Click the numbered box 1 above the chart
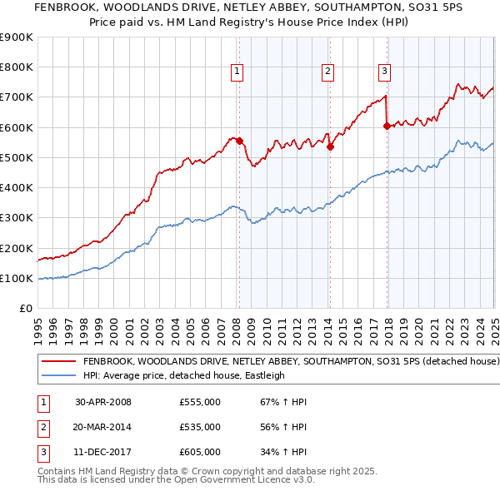pyautogui.click(x=237, y=72)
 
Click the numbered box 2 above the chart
pyautogui.click(x=328, y=72)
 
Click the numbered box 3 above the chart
pyautogui.click(x=384, y=72)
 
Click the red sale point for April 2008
pyautogui.click(x=239, y=141)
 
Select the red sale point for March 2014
pyautogui.click(x=330, y=146)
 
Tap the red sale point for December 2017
pyautogui.click(x=387, y=126)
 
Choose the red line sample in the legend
pyautogui.click(x=60, y=362)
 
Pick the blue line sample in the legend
pyautogui.click(x=60, y=375)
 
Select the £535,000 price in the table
pyautogui.click(x=200, y=427)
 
